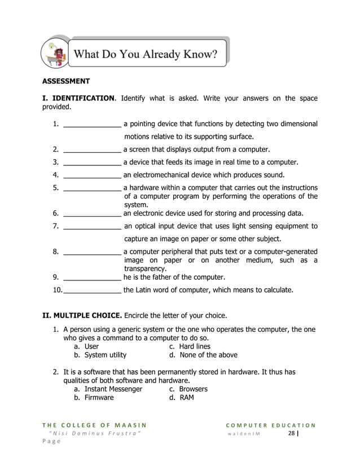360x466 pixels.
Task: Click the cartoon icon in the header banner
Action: pos(56,54)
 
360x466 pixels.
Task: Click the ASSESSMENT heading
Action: pos(67,81)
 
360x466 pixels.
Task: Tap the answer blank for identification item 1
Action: pos(92,124)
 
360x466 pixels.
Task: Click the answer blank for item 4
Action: pos(92,175)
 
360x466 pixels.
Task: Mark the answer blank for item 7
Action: pos(92,226)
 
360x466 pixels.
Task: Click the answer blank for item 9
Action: pos(92,278)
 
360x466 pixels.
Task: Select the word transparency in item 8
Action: pos(145,269)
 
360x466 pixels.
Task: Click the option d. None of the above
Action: pos(203,355)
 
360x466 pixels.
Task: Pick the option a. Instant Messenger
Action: pos(108,389)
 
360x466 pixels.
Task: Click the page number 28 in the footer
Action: pos(291,433)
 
